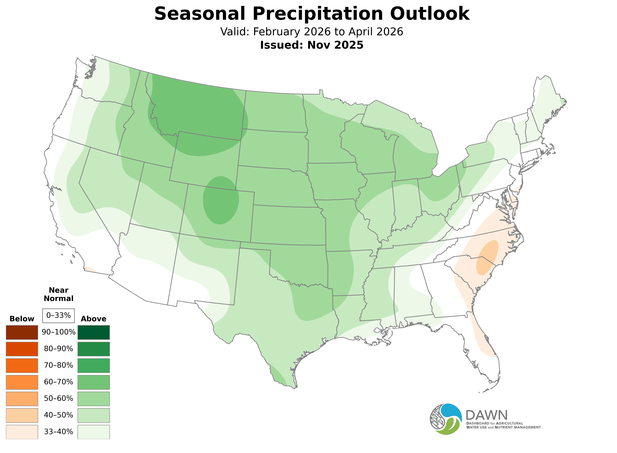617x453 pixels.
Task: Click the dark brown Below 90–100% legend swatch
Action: point(22,332)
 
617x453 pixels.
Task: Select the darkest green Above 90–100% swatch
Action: point(94,332)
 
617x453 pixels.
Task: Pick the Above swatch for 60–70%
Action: point(94,382)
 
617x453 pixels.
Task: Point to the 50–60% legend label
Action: point(58,398)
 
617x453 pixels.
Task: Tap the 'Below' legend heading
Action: point(22,319)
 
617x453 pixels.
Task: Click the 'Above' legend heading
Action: point(94,319)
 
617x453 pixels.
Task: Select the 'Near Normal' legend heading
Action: point(58,294)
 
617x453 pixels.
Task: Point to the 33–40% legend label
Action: point(58,432)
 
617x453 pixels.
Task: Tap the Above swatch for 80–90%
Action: point(94,349)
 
